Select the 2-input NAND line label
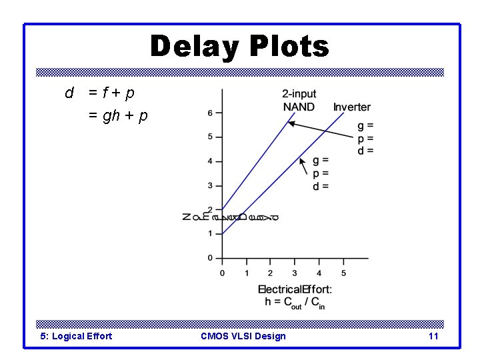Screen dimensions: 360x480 click(299, 100)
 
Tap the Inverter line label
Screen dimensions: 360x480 click(352, 107)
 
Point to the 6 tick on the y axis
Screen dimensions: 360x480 click(210, 113)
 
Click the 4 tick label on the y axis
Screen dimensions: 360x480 click(210, 161)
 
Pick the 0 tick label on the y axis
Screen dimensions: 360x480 click(210, 258)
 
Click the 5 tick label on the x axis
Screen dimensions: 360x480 click(343, 273)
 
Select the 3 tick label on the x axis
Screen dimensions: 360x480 click(295, 273)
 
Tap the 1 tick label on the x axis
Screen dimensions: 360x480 click(247, 273)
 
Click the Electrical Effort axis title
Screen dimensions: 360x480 click(295, 289)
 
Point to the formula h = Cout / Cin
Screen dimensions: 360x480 click(295, 303)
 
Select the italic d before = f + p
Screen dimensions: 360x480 click(69, 93)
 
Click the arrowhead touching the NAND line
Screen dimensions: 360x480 click(292, 124)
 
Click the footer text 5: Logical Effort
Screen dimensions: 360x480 click(76, 336)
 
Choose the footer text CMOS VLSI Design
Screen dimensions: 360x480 click(243, 336)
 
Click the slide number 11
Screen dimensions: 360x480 click(433, 336)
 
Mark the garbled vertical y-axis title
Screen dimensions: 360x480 click(230, 217)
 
